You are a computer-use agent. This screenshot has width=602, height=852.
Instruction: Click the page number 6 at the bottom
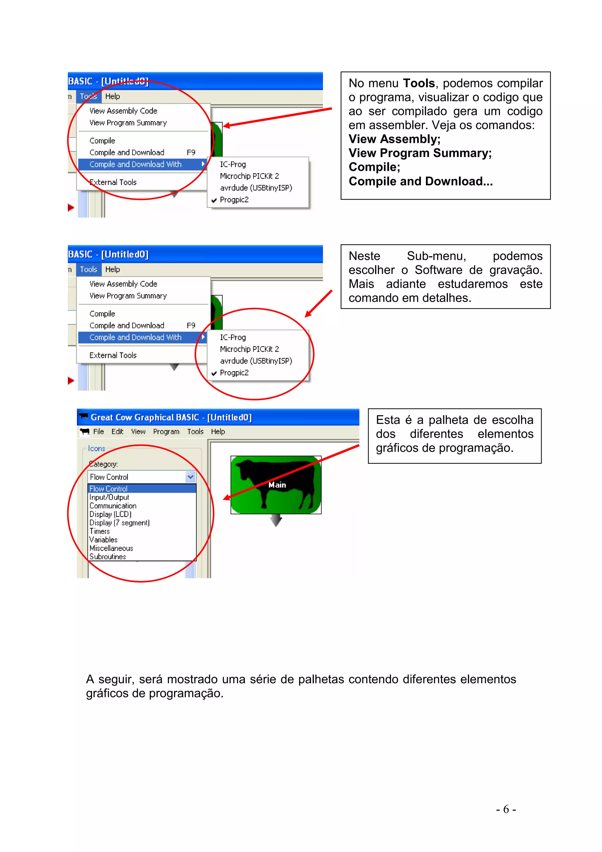tap(506, 809)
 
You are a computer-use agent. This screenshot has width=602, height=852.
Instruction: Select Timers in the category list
tap(99, 531)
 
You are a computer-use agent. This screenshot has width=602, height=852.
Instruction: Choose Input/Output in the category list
tap(109, 497)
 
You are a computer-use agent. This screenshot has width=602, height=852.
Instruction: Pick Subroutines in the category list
tap(108, 557)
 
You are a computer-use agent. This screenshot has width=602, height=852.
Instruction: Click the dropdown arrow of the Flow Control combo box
tap(190, 477)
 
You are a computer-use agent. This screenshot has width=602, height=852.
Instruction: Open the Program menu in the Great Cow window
tap(166, 432)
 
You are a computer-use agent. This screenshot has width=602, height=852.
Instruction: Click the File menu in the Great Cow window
tap(98, 432)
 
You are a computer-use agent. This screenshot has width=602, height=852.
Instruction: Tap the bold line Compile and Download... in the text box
tap(420, 181)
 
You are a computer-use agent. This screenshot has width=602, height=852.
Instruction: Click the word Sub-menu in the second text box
tap(436, 256)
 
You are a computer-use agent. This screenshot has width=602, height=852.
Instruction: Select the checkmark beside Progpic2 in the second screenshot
tap(214, 373)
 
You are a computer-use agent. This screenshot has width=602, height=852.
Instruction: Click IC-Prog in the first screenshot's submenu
tap(233, 164)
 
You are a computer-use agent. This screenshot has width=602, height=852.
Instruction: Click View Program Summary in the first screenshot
tap(128, 123)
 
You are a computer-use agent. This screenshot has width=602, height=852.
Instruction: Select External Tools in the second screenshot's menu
tap(113, 355)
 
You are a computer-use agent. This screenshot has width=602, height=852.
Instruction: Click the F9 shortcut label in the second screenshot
tap(191, 325)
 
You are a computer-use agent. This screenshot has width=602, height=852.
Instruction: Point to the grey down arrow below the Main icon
tap(276, 519)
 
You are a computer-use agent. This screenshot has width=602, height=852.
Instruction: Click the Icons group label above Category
tap(96, 449)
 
